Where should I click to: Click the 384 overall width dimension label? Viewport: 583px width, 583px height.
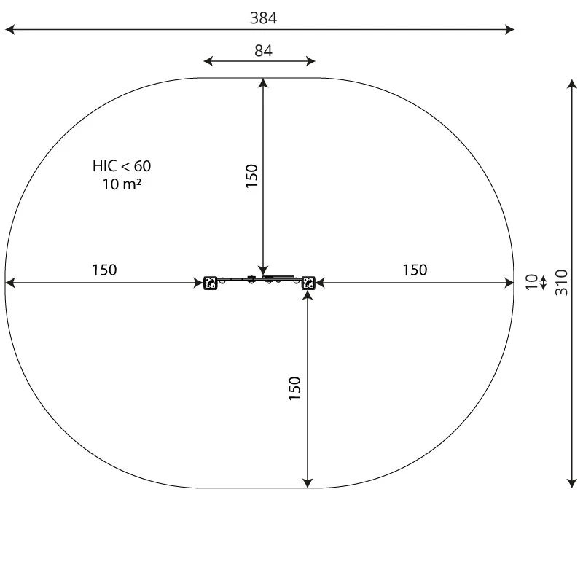[x=263, y=18]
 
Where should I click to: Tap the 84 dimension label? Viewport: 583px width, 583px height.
[x=263, y=50]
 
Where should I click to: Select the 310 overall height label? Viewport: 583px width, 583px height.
[x=561, y=283]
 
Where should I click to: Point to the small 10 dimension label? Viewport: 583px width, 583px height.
[x=532, y=282]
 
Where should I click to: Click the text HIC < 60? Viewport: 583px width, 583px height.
[x=122, y=166]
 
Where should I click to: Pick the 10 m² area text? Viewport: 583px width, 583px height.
[x=122, y=184]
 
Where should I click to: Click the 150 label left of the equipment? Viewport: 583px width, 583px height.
[x=104, y=270]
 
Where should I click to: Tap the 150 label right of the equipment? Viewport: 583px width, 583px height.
[x=415, y=270]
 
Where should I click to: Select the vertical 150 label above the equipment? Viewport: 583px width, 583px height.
[x=251, y=176]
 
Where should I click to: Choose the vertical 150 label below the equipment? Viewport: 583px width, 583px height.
[x=294, y=388]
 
